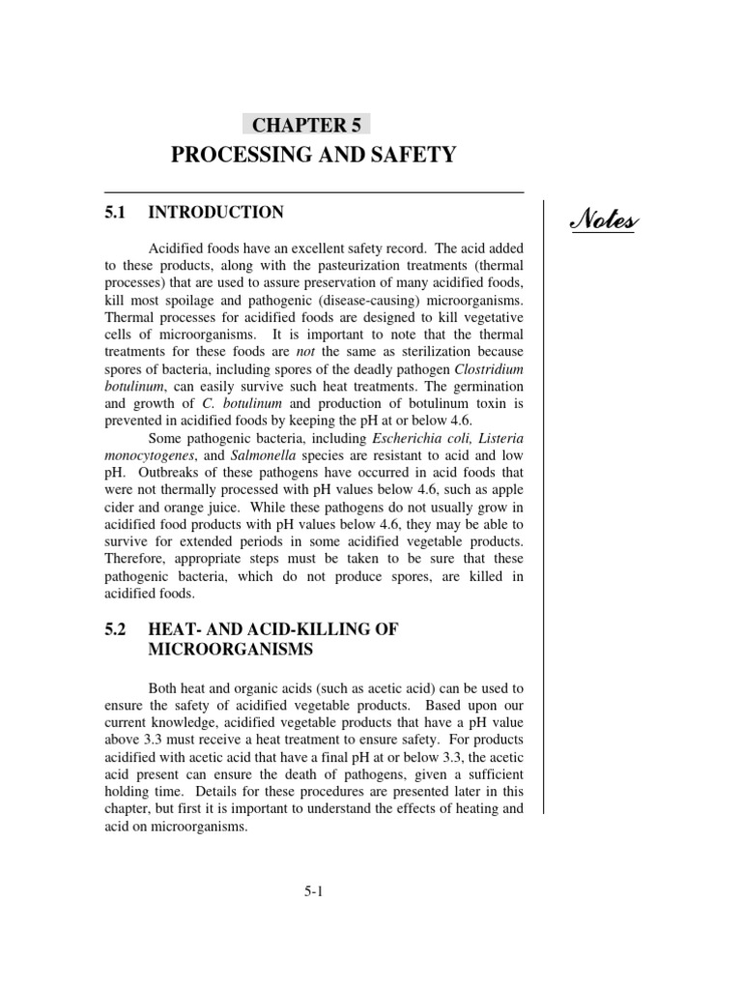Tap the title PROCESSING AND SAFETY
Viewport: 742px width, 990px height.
[313, 155]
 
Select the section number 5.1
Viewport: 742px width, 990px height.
[116, 213]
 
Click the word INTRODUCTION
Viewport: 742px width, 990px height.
[216, 213]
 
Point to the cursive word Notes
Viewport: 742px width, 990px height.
[603, 222]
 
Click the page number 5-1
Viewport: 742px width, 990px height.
[312, 892]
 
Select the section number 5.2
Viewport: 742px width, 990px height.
[116, 629]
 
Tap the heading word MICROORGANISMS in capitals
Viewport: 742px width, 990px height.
[231, 651]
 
